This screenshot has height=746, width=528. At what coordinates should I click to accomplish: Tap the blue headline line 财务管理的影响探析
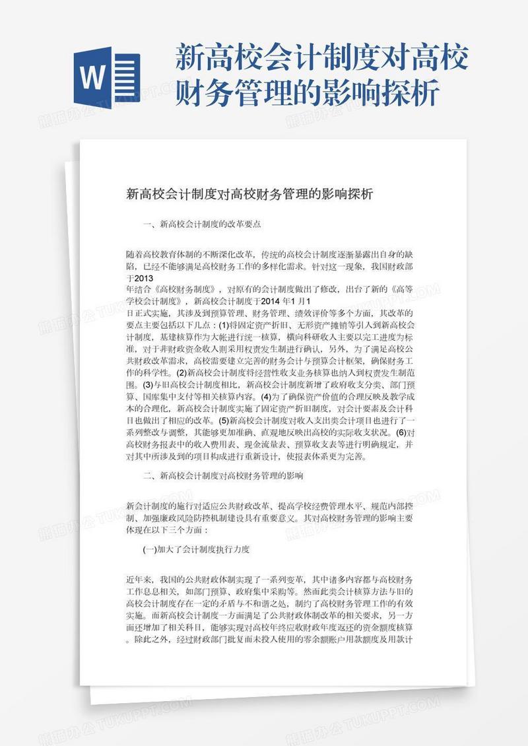coord(307,95)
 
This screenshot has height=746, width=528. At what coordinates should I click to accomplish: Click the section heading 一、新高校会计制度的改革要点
coord(202,224)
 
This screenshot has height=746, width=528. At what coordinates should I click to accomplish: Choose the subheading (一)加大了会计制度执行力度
coord(195,549)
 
